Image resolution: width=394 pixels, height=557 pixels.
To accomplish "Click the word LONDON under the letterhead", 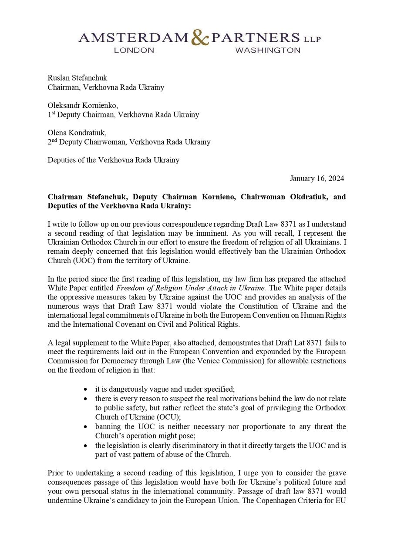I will click(134, 50).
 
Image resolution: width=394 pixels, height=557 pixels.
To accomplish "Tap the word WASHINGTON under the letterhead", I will click(267, 50).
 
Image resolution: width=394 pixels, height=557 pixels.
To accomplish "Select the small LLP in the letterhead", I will click(312, 39).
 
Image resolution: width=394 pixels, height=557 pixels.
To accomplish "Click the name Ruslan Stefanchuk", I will click(77, 78).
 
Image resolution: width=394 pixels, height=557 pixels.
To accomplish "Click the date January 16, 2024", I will click(317, 178).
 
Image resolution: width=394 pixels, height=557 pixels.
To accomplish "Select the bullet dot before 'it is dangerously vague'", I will click(85, 389).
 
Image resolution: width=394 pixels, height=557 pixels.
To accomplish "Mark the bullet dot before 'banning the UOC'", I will click(85, 426).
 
